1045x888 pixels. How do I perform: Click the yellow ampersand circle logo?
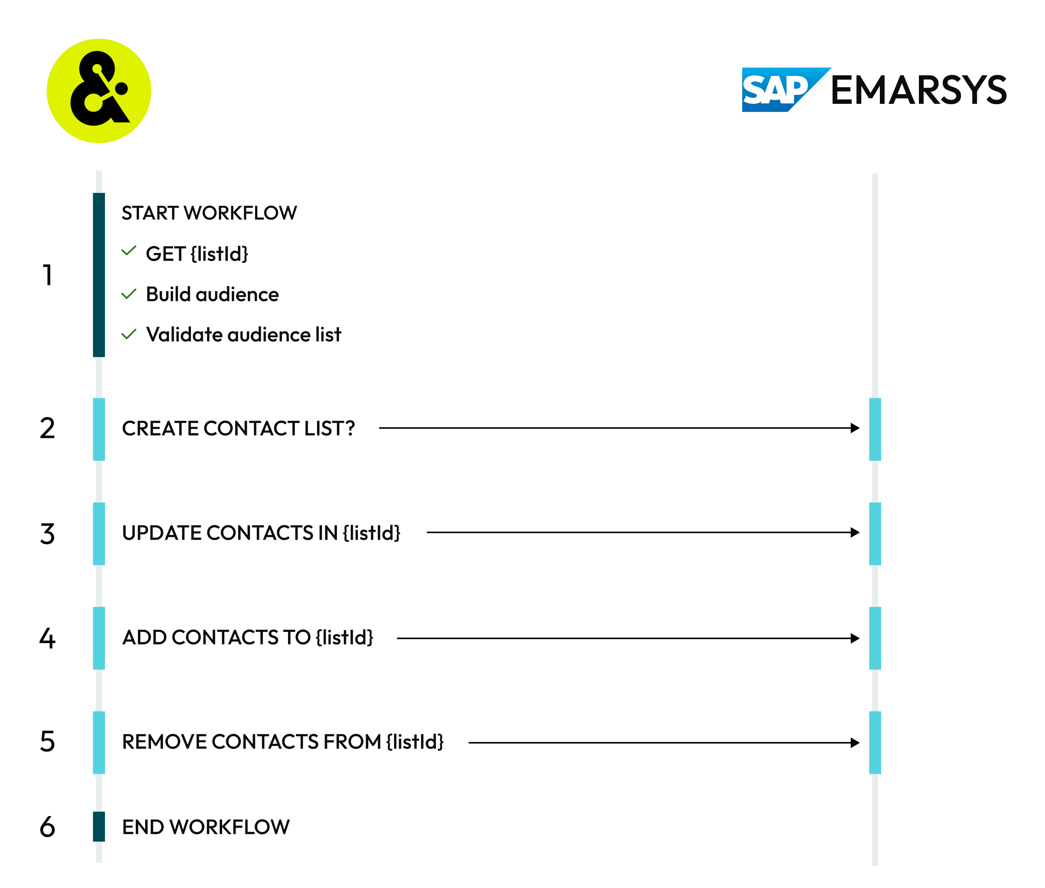tap(99, 91)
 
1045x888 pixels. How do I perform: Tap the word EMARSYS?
tap(918, 91)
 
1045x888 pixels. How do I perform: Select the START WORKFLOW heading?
tap(209, 213)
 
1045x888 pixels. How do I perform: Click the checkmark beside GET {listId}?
tap(129, 251)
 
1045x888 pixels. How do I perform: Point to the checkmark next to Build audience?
tap(129, 294)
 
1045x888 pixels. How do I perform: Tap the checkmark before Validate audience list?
tap(129, 334)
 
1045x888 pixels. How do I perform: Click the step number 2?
tap(47, 428)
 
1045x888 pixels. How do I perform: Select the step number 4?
tap(47, 638)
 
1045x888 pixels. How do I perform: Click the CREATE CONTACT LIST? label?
tap(238, 428)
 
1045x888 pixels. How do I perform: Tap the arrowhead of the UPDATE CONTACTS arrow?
tap(855, 532)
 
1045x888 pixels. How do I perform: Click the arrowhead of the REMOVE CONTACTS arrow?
tap(855, 743)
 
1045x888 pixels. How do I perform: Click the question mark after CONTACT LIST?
tap(349, 428)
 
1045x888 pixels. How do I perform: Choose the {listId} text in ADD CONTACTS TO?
tap(345, 638)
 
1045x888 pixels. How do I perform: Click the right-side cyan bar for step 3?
tap(875, 534)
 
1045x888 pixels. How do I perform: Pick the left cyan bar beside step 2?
tap(99, 429)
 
